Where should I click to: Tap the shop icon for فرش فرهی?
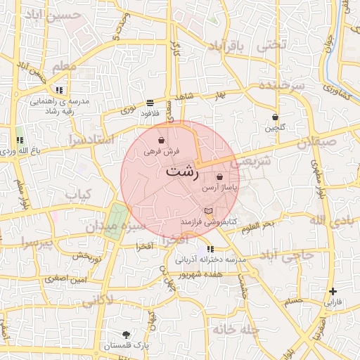tap(162, 141)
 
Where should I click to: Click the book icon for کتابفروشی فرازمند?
tap(207, 211)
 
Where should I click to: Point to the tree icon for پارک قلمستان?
tap(126, 335)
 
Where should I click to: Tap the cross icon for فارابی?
tap(333, 291)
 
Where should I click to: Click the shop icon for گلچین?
tap(275, 117)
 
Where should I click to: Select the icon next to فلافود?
tap(150, 103)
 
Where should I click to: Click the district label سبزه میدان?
tap(115, 227)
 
